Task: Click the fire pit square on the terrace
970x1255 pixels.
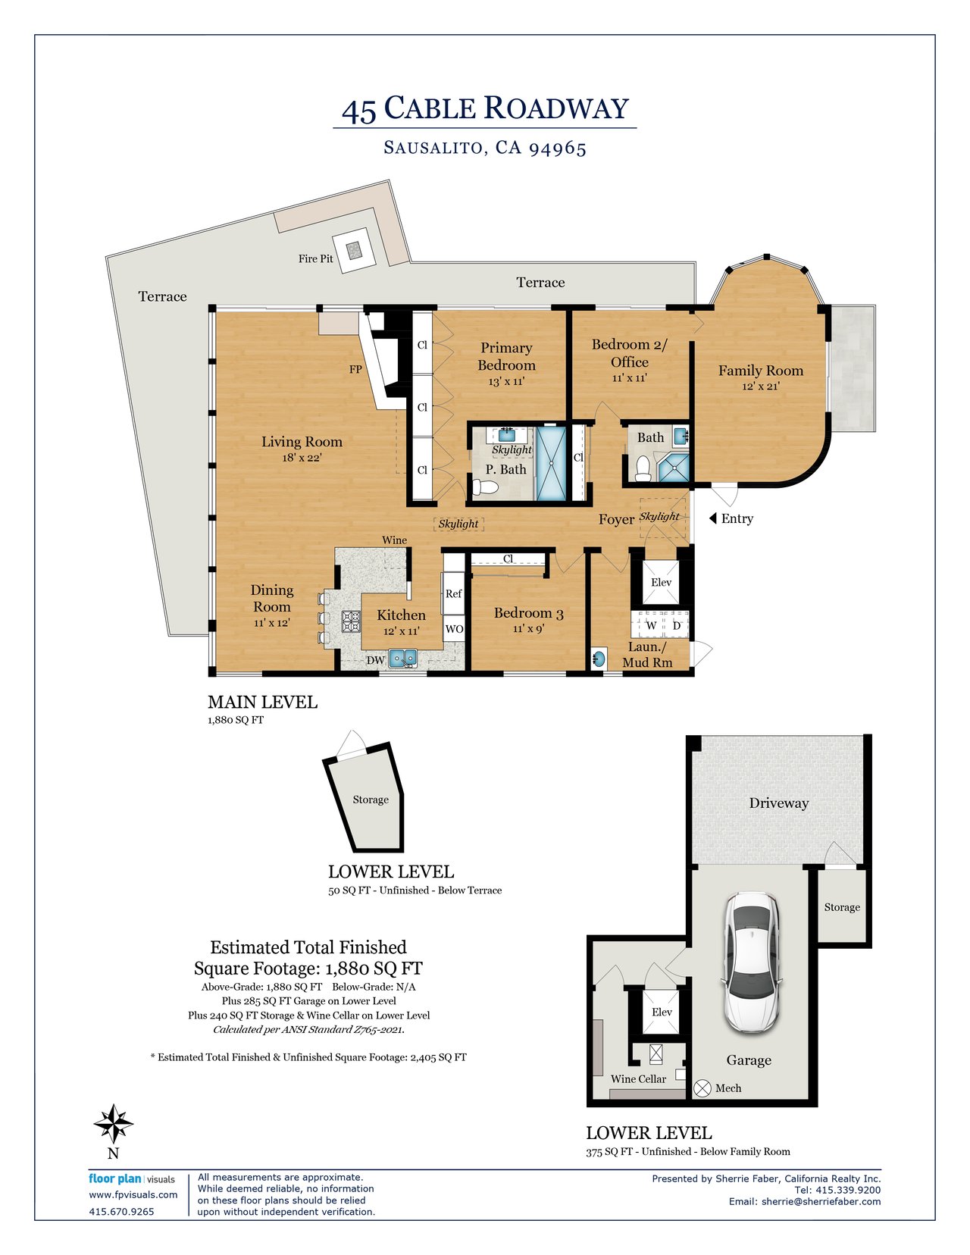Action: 353,250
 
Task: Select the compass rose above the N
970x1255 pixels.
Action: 113,1123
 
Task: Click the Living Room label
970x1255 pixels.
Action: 302,442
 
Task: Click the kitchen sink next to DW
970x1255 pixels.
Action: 403,658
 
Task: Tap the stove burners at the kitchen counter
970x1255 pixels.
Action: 351,621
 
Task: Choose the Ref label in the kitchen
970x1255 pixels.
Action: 453,593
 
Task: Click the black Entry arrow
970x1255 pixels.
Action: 713,518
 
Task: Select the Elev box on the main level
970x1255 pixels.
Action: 661,582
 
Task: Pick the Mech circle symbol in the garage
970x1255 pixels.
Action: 702,1088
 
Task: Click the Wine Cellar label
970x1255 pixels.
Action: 638,1079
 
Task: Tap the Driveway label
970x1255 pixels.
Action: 779,803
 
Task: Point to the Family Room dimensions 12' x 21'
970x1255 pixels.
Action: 761,387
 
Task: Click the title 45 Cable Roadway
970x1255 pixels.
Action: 485,109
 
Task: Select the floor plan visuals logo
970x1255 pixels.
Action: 132,1178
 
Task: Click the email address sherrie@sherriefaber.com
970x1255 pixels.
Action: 821,1201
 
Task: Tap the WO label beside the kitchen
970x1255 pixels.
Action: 455,629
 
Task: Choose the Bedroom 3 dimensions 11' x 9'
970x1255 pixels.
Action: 528,628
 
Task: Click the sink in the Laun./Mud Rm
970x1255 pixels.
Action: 598,658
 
